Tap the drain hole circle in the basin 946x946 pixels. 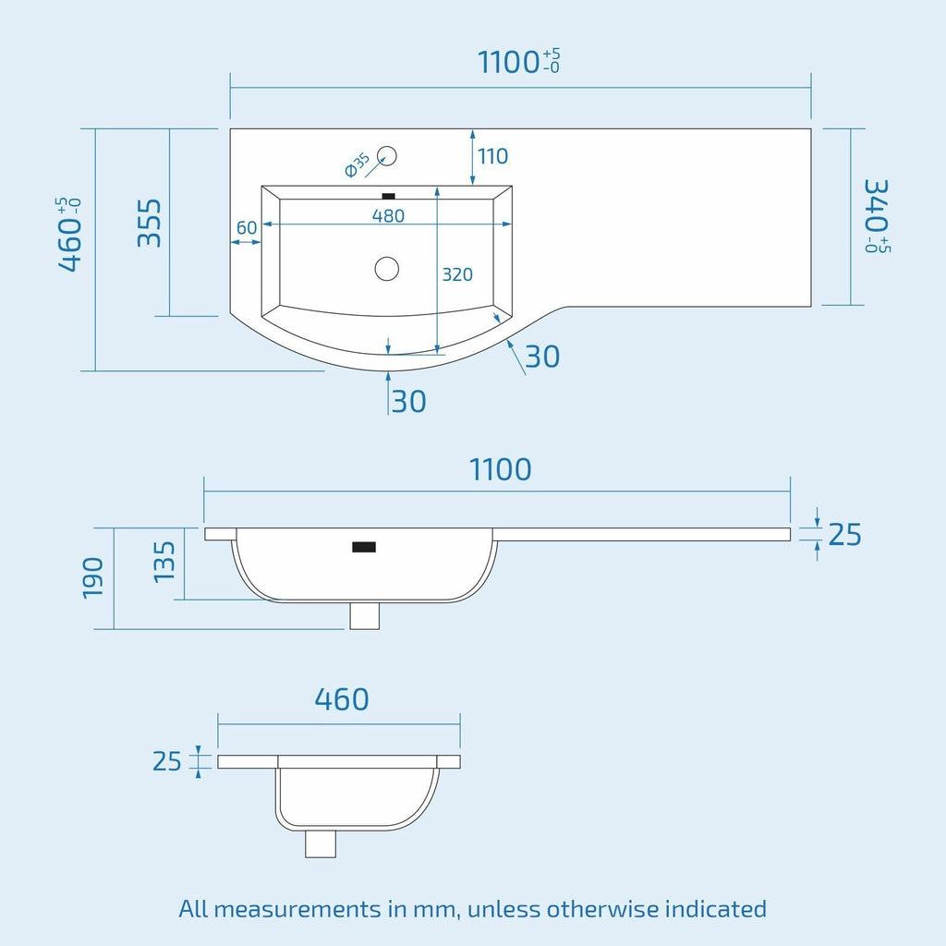pyautogui.click(x=387, y=269)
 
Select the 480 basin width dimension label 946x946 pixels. pyautogui.click(x=388, y=215)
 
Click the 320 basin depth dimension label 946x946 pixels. pyautogui.click(x=457, y=274)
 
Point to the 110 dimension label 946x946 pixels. pyautogui.click(x=493, y=156)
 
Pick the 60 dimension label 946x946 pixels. pyautogui.click(x=246, y=227)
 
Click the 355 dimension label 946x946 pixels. pyautogui.click(x=150, y=223)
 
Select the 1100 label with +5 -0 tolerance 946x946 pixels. pyautogui.click(x=519, y=62)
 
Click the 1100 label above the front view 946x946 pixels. pyautogui.click(x=500, y=469)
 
